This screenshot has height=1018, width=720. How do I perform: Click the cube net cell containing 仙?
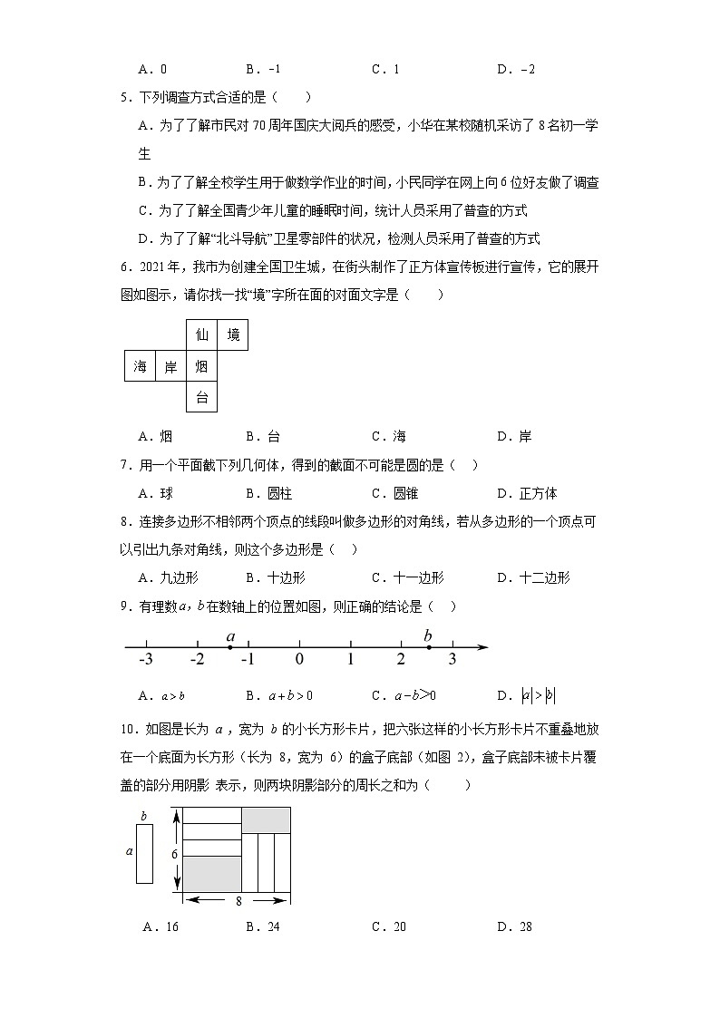pyautogui.click(x=201, y=335)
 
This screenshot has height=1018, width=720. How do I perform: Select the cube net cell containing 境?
pyautogui.click(x=233, y=335)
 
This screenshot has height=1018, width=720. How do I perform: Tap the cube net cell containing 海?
pyautogui.click(x=140, y=366)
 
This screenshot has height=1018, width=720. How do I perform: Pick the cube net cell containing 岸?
pyautogui.click(x=170, y=366)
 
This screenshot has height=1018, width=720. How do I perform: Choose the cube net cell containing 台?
pyautogui.click(x=201, y=397)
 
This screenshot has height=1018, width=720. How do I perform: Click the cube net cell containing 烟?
pyautogui.click(x=201, y=366)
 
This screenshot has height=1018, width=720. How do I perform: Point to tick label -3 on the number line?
pyautogui.click(x=145, y=660)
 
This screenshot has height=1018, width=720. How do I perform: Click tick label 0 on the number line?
pyautogui.click(x=299, y=660)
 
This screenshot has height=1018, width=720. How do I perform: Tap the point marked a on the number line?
pyautogui.click(x=231, y=647)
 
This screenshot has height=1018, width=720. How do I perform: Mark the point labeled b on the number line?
pyautogui.click(x=428, y=647)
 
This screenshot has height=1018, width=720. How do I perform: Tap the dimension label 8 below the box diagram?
pyautogui.click(x=238, y=902)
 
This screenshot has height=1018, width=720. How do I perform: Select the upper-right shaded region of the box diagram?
pyautogui.click(x=266, y=819)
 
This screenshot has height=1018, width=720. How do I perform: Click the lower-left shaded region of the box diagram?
pyautogui.click(x=212, y=873)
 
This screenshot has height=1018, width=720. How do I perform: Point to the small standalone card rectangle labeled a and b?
pyautogui.click(x=144, y=853)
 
